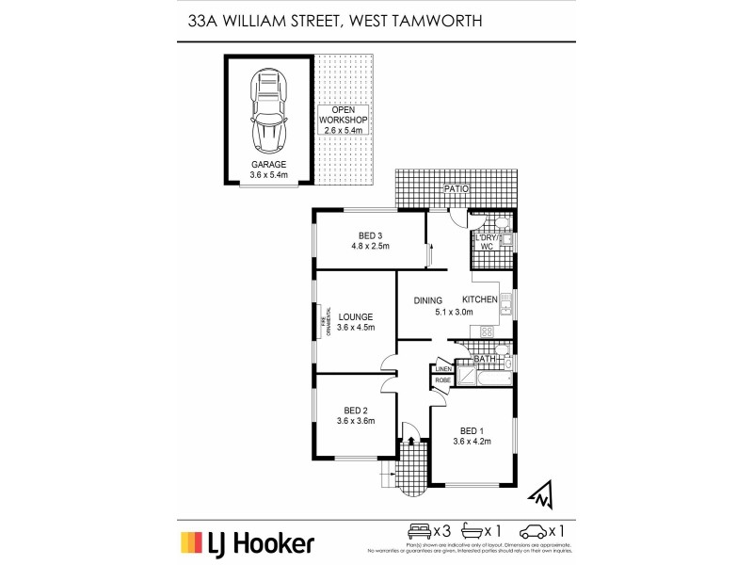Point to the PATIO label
457,189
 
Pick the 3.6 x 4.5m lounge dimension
357,328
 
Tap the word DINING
428,300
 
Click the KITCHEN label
479,299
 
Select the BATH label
485,359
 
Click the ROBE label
442,380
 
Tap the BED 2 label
355,410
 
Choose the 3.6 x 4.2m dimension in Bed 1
472,441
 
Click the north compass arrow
539,492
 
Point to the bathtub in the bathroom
486,379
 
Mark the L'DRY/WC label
488,240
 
